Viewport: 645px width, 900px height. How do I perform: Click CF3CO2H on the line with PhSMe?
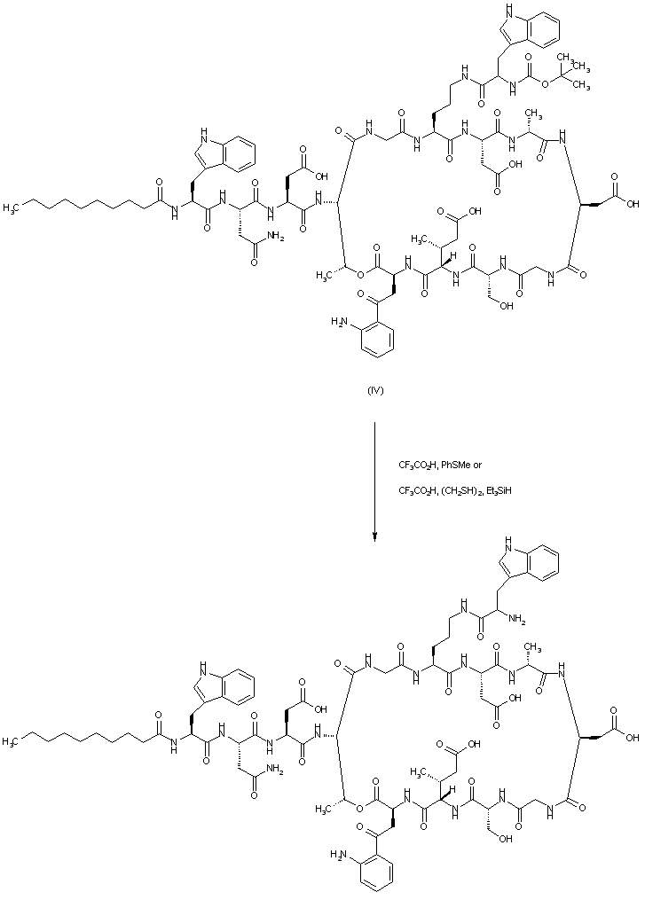[418, 465]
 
